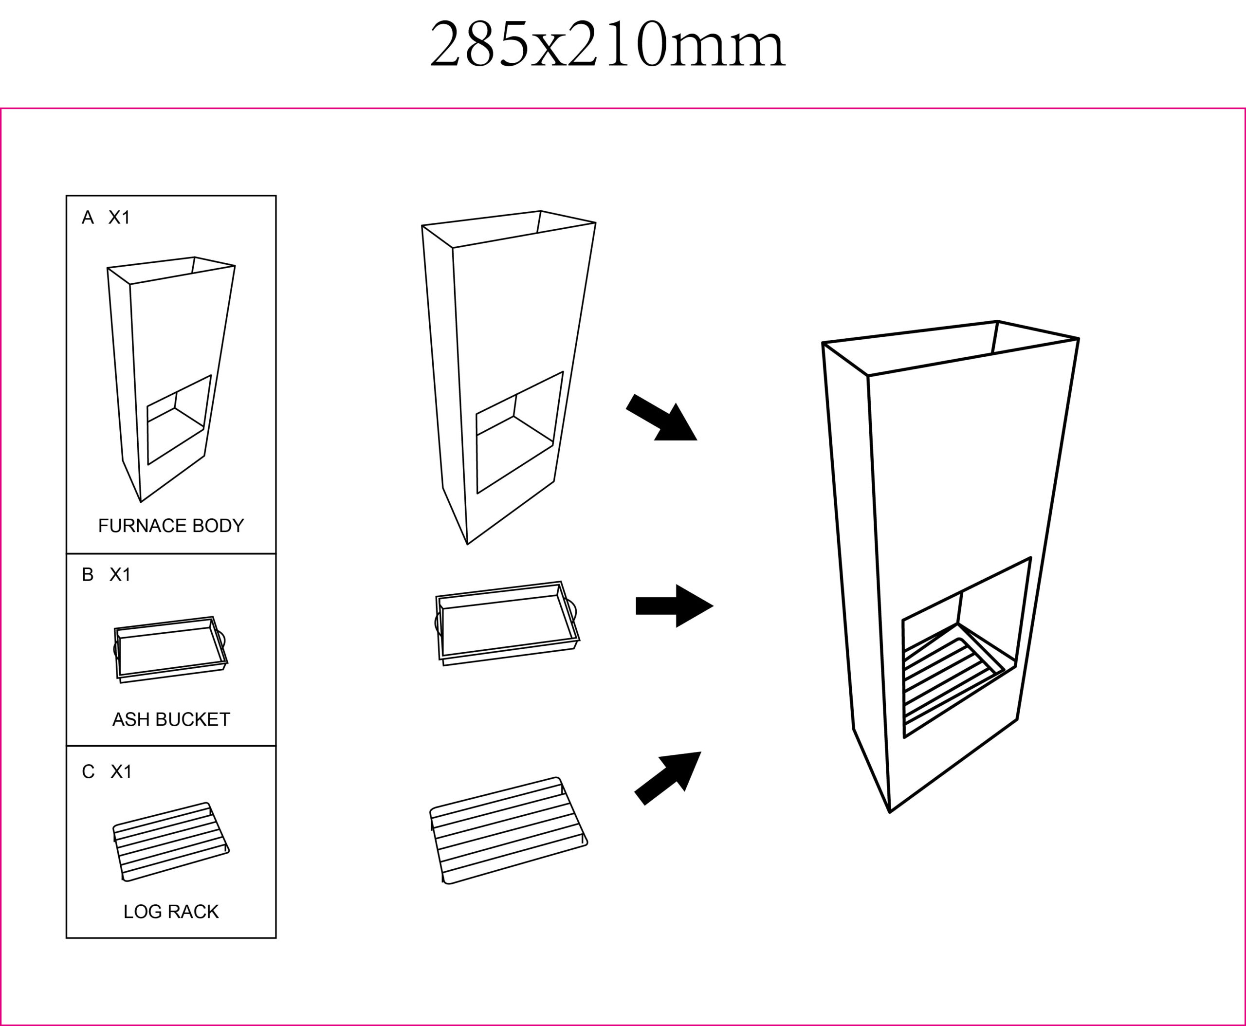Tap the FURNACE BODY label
(x=171, y=526)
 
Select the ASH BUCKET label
(x=171, y=719)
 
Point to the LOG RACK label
(x=171, y=911)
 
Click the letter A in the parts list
(x=88, y=218)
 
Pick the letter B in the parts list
(x=88, y=574)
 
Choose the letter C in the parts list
(x=88, y=771)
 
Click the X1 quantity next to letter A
(x=119, y=218)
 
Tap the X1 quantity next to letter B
(x=120, y=574)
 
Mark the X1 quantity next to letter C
(x=121, y=771)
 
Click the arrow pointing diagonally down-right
(x=661, y=418)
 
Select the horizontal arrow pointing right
(x=675, y=606)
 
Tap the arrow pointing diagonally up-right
(x=667, y=778)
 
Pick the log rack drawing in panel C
(x=171, y=842)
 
